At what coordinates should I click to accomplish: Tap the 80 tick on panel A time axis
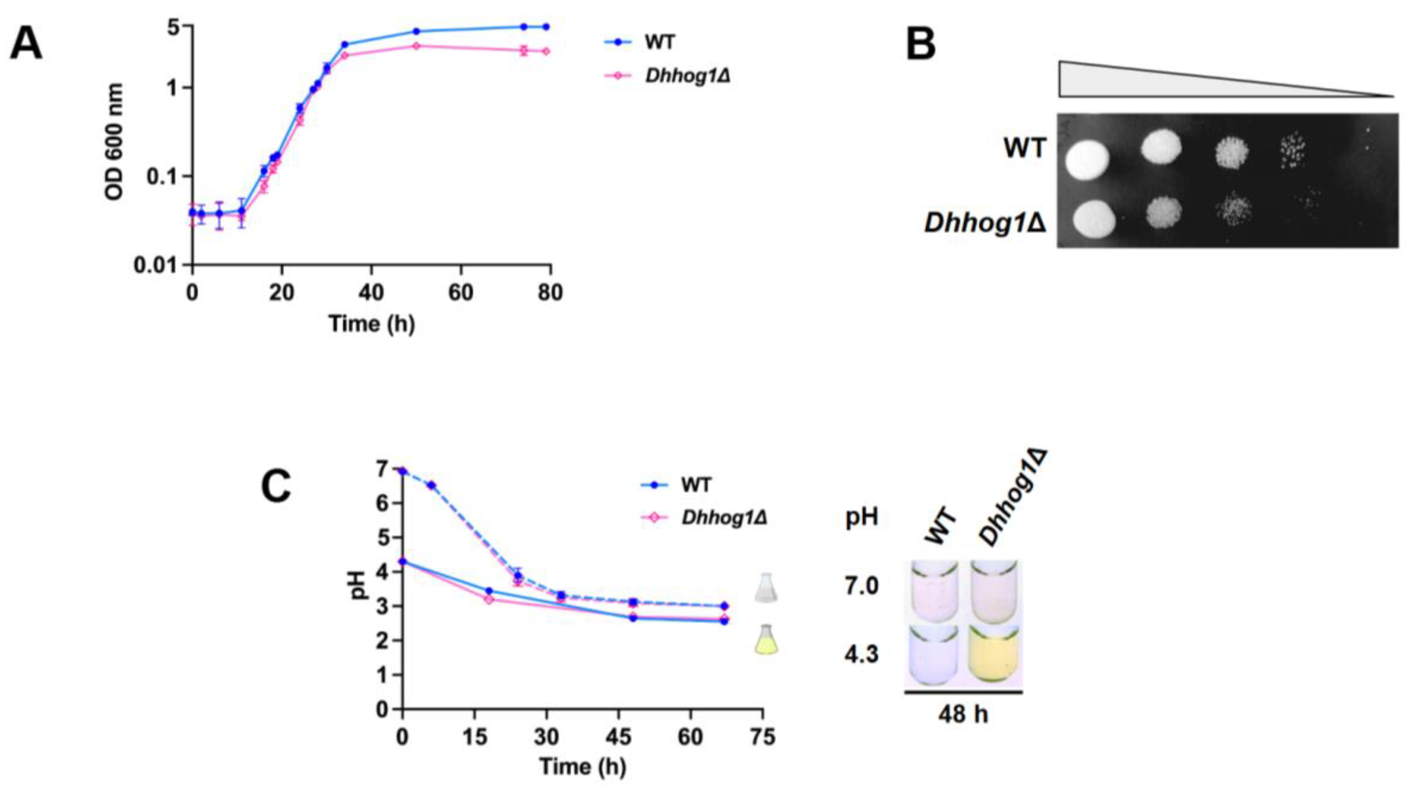tap(550, 292)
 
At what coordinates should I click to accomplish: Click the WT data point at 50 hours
tap(416, 31)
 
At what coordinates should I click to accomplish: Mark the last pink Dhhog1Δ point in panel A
tap(546, 51)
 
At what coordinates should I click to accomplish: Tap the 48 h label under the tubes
tap(963, 714)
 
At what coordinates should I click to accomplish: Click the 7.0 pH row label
tap(861, 586)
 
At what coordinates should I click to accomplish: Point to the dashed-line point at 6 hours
tap(432, 485)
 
